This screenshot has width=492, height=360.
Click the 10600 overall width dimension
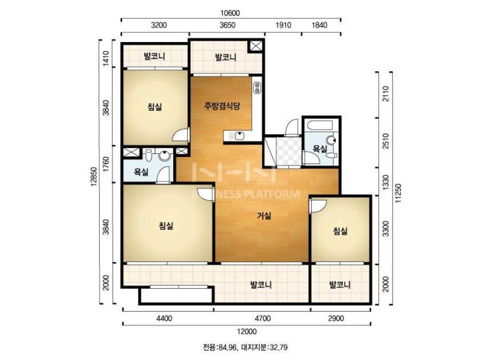pos(230,13)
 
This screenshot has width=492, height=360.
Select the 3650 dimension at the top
pos(227,25)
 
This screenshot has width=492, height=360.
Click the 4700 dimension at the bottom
pos(263,319)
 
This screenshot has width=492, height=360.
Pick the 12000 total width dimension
pos(247,331)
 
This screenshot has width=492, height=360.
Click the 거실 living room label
pos(264,216)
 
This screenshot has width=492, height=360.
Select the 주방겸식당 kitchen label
pos(222,106)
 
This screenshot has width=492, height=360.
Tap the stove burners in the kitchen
pos(257,87)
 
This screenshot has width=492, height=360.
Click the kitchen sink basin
pos(239,136)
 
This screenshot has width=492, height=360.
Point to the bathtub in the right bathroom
pos(320,126)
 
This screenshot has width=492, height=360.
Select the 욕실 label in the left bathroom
pos(141,172)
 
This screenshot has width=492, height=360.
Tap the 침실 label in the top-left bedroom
pos(155,107)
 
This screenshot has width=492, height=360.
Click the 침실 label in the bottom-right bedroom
pos(340,232)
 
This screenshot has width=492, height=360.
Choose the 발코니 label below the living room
pos(261,285)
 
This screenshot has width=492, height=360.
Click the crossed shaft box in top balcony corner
pos(256,46)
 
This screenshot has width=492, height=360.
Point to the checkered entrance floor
pos(290,151)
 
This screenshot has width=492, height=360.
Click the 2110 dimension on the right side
pos(386,93)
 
